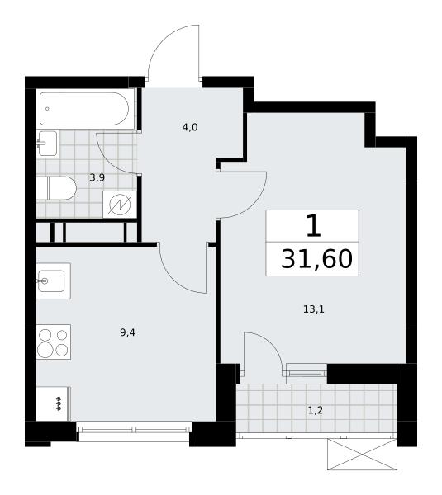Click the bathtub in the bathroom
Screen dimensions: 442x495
[x=84, y=109]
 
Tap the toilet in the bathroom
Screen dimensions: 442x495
[x=56, y=188]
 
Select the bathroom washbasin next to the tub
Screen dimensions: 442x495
[x=48, y=144]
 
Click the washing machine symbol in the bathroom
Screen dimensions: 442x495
[x=120, y=205]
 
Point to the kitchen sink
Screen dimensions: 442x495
[x=53, y=281]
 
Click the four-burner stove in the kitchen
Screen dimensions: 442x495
[x=53, y=342]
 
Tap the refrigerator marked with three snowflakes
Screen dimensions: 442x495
[x=53, y=403]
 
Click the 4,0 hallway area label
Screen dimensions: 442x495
[x=190, y=127]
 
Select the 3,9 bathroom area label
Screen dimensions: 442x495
[x=97, y=177]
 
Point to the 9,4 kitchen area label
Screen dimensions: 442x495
[x=127, y=332]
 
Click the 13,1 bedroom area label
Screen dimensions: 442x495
[x=314, y=309]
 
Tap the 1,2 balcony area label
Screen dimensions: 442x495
[x=316, y=410]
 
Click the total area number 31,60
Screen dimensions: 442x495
[x=316, y=259]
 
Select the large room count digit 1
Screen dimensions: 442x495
[x=314, y=225]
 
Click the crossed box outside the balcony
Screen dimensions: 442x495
[x=362, y=455]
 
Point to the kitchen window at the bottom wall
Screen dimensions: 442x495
[x=134, y=429]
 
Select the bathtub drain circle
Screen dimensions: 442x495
[x=47, y=109]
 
